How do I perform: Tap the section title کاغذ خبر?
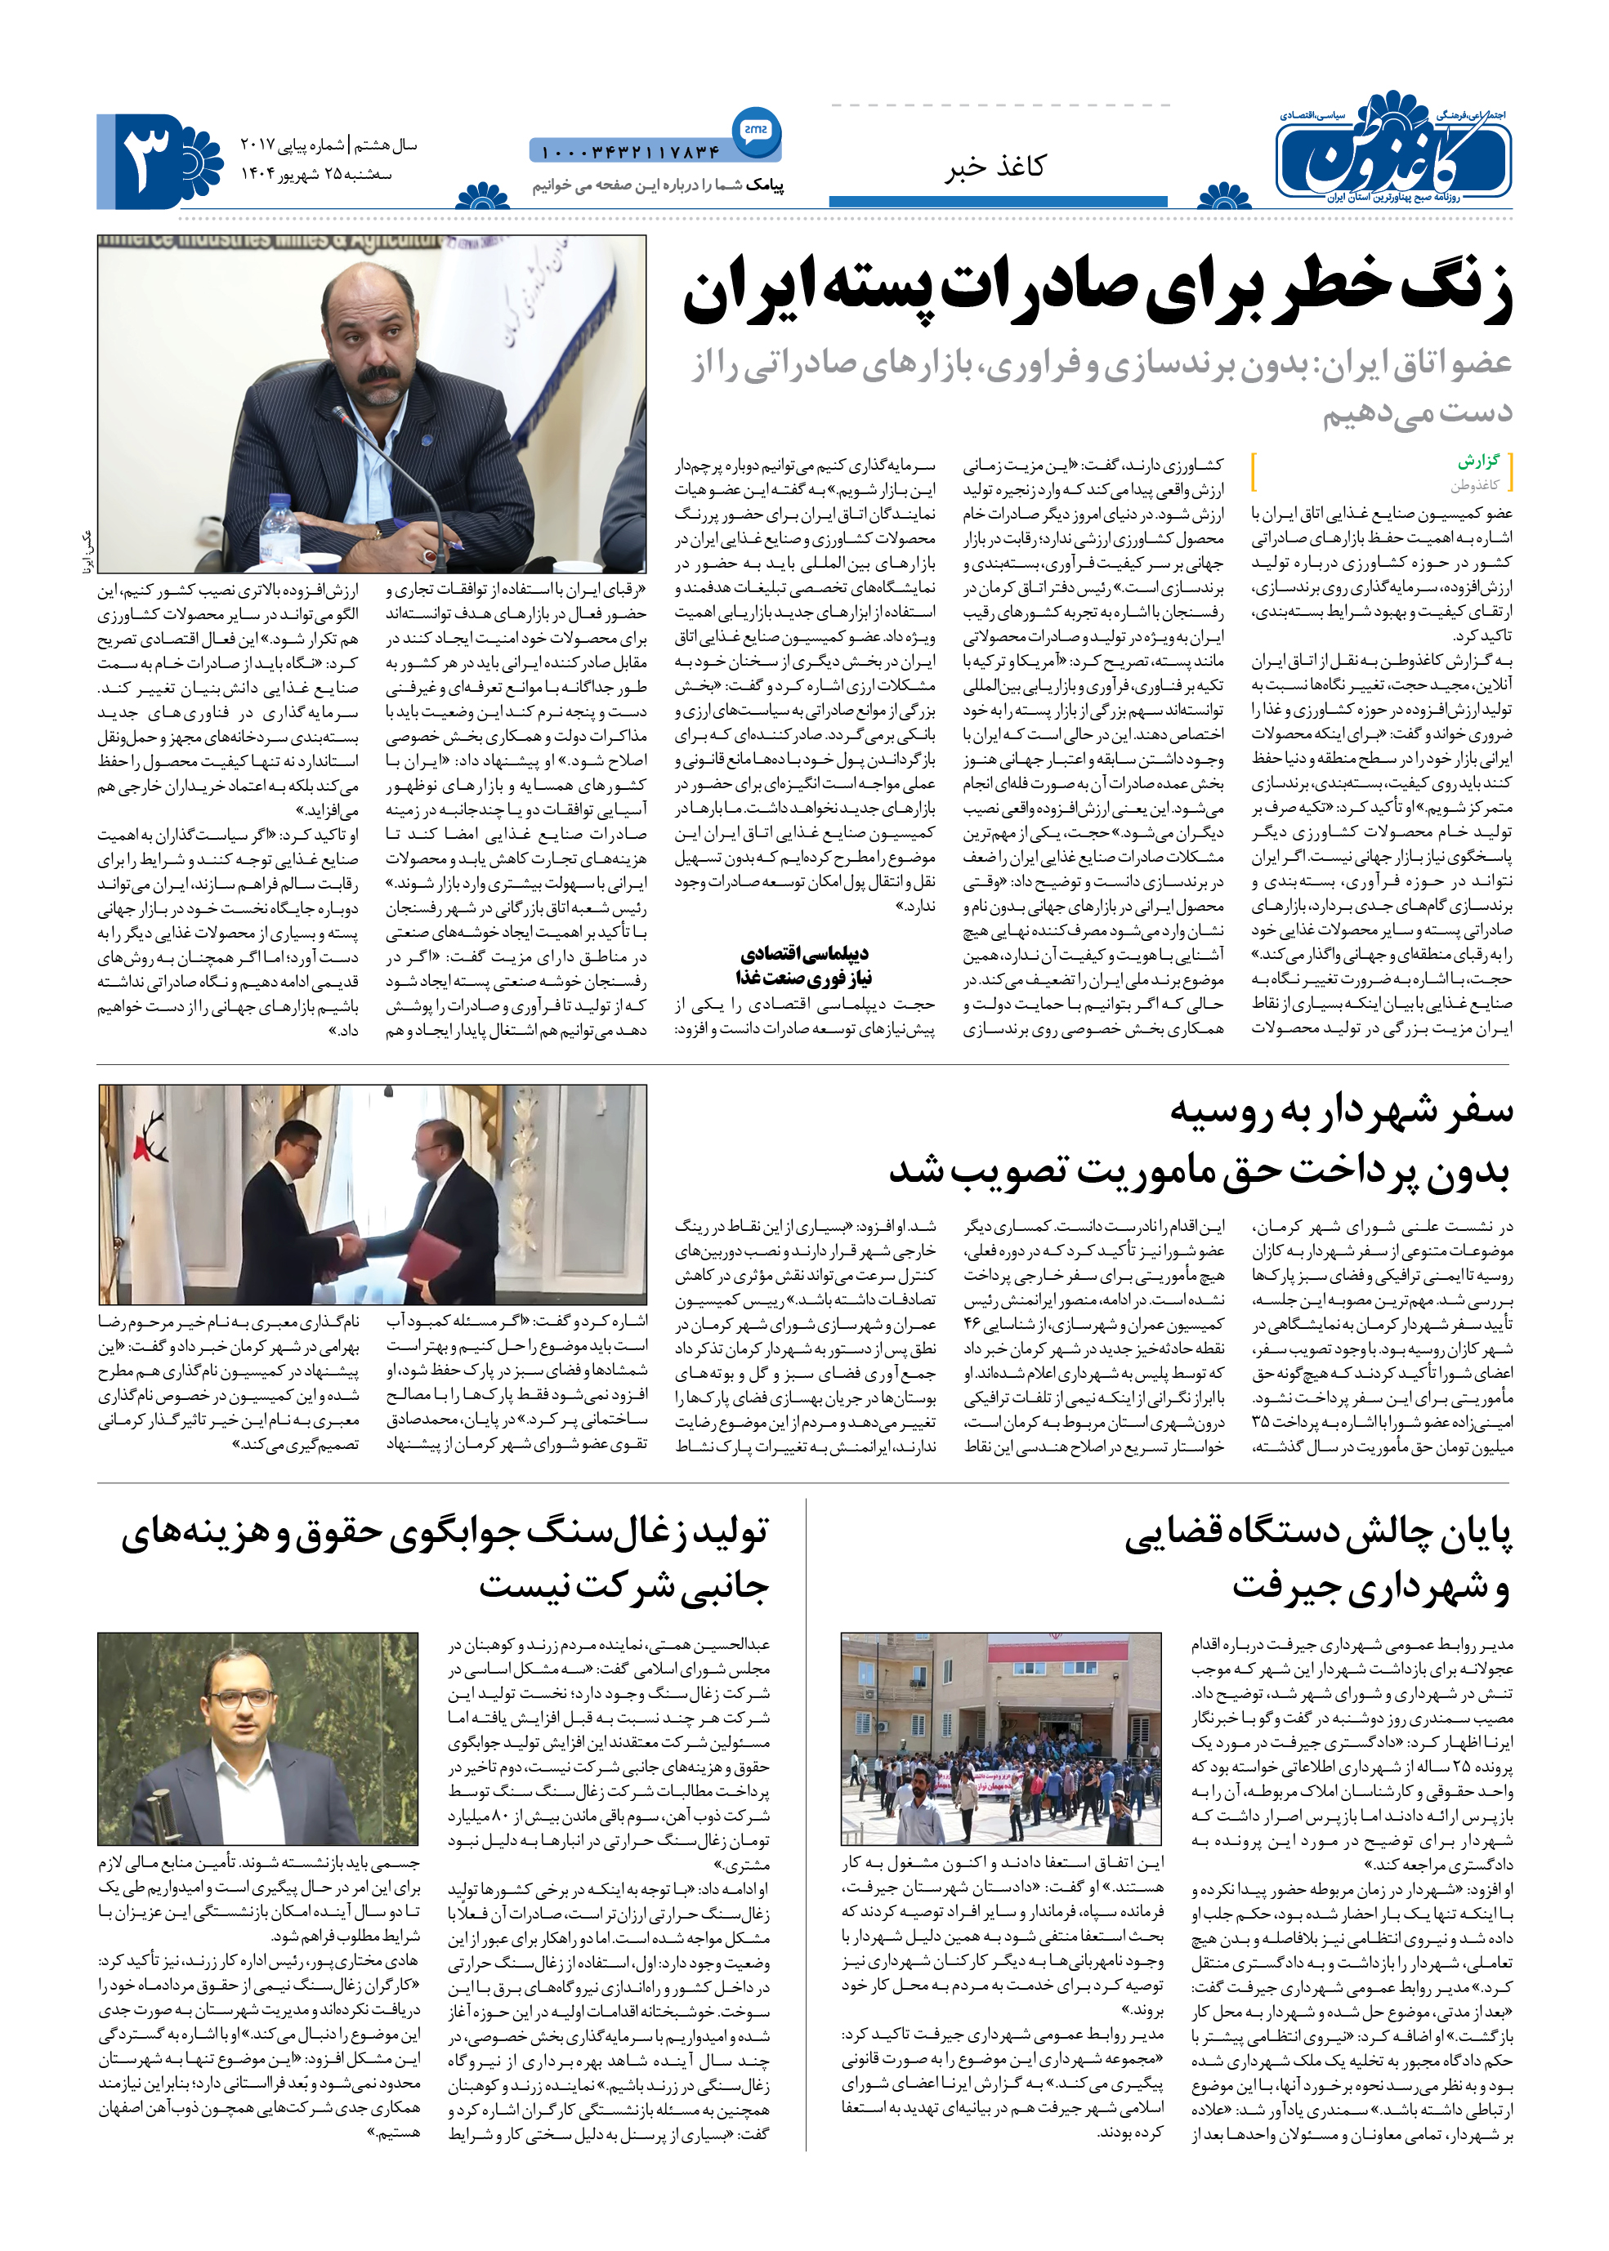(994, 167)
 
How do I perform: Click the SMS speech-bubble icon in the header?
(756, 130)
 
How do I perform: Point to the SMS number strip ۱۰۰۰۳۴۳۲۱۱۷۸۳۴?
(630, 153)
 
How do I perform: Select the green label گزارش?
(1477, 462)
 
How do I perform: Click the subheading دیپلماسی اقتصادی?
(803, 954)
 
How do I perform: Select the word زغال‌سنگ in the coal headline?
(587, 1531)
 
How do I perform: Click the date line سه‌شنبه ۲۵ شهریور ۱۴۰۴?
(316, 174)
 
